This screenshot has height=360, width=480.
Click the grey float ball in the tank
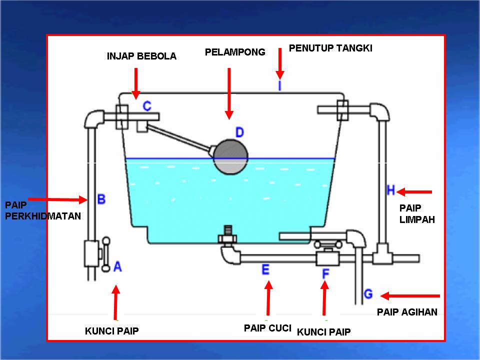[230, 157]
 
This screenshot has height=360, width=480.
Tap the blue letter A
[117, 266]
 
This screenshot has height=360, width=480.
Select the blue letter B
[101, 199]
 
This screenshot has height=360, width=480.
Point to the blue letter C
[147, 106]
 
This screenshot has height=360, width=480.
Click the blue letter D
[239, 132]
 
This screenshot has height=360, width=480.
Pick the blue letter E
[265, 270]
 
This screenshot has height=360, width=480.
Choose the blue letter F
[325, 273]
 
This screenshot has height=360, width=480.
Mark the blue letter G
[368, 294]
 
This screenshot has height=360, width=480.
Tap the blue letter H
[391, 190]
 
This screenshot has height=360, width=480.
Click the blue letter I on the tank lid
[280, 86]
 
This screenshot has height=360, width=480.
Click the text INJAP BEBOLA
[141, 56]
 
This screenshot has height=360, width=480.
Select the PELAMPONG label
[235, 52]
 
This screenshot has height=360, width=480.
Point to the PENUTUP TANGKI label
[330, 48]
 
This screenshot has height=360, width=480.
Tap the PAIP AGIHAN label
[406, 312]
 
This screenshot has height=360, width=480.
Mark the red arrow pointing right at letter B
[57, 199]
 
